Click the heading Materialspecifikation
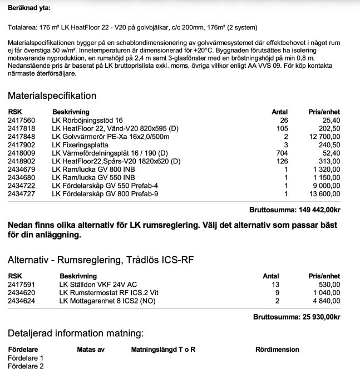pos(52,96)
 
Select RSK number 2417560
pos(22,120)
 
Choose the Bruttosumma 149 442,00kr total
pos(297,210)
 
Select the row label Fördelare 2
pos(26,366)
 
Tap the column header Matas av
pos(90,350)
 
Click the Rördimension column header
pos(277,350)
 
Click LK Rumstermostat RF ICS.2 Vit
pos(105,292)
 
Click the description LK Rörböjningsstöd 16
pos(87,120)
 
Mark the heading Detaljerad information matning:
pos(76,333)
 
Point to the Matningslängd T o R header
pos(163,350)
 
